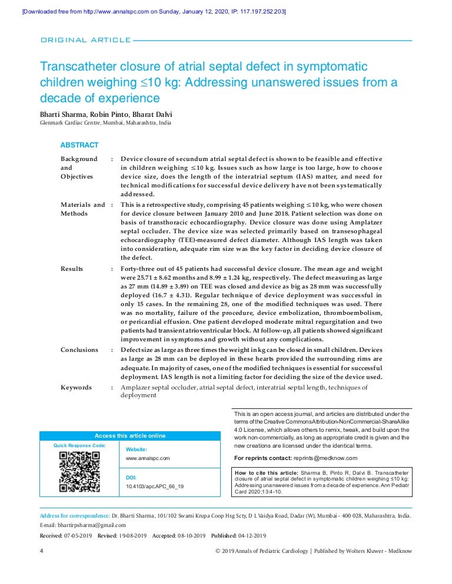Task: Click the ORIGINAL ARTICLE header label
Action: pos(85,40)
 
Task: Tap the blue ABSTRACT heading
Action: pos(79,145)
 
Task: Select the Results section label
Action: pos(72,268)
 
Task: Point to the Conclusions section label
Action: pos(79,350)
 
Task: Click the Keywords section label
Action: pos(77,387)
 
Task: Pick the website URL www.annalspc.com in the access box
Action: pos(148,458)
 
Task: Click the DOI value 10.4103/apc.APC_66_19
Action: pos(155,486)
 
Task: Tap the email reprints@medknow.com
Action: pos(325,458)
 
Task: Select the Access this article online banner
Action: pos(130,436)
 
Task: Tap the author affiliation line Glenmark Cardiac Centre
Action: pos(105,123)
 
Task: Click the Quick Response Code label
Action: pos(79,446)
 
